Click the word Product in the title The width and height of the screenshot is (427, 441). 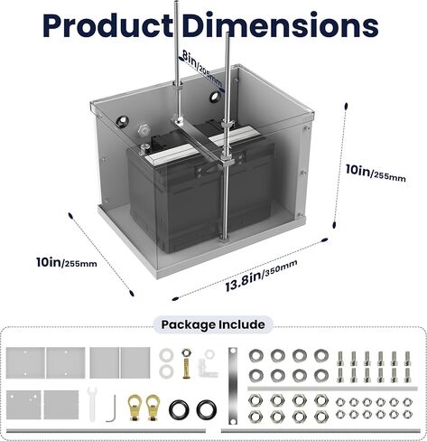107,25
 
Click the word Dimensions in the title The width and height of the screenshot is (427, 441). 280,25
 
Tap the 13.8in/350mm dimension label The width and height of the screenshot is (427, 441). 261,276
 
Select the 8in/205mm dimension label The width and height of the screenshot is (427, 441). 202,70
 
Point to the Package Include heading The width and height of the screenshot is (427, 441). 213,324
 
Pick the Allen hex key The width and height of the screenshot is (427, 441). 111,408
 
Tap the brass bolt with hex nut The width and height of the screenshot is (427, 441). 187,363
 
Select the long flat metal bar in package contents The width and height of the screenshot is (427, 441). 233,386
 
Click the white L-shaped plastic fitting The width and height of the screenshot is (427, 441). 208,364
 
